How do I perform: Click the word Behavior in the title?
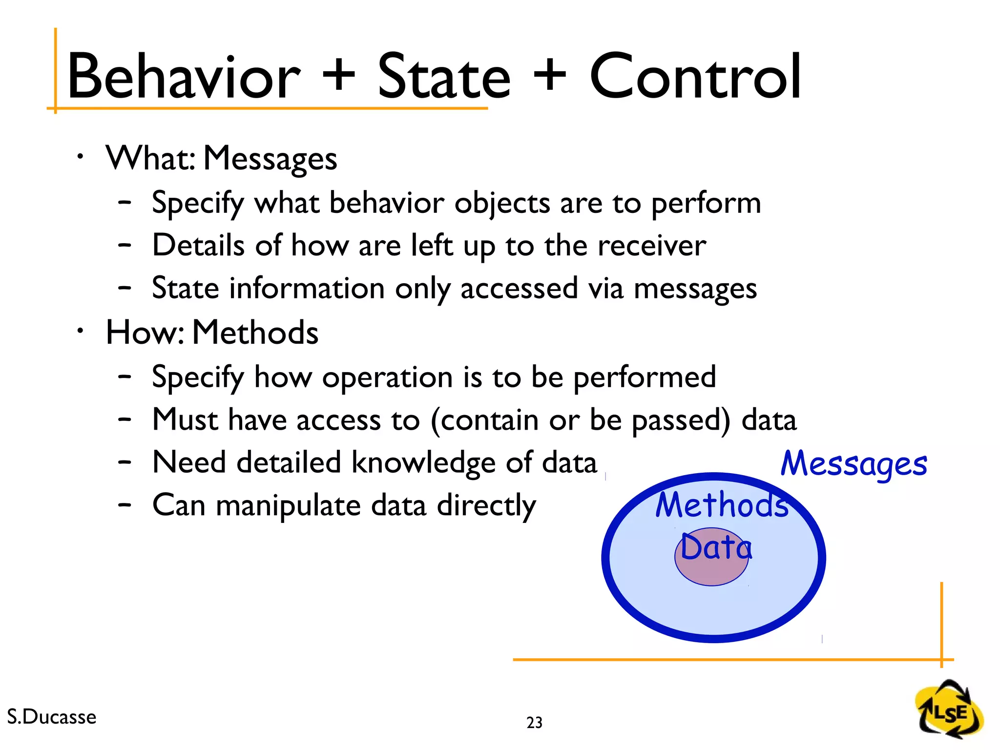[x=183, y=77]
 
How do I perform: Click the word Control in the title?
[x=695, y=77]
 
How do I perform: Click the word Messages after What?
[x=270, y=159]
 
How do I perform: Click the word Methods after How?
[x=255, y=333]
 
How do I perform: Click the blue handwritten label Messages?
[x=854, y=464]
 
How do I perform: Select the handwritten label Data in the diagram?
[x=716, y=547]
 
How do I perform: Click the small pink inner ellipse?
[x=711, y=571]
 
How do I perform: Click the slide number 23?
[x=534, y=722]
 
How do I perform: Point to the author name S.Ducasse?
[x=52, y=717]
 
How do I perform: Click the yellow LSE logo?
[x=949, y=710]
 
